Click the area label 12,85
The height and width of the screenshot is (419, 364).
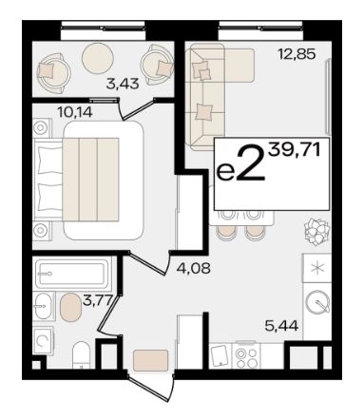[297, 54]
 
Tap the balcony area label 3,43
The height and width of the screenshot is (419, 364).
[123, 84]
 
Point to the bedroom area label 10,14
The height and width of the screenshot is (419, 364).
[75, 112]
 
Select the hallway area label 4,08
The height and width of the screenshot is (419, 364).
[193, 269]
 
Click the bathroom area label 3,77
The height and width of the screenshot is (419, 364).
[98, 299]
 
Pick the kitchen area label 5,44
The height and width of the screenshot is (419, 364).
[281, 325]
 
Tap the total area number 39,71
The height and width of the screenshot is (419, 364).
[294, 150]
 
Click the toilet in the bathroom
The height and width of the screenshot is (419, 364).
[82, 354]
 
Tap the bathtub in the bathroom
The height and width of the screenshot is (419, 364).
[72, 274]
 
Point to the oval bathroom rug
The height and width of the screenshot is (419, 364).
[70, 308]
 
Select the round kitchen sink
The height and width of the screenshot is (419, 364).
[317, 302]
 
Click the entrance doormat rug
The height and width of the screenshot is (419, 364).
[150, 360]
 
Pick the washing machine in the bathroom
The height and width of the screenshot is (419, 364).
[43, 340]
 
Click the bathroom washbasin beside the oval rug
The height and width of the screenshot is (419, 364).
[43, 306]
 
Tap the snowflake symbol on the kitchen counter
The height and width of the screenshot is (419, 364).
[317, 268]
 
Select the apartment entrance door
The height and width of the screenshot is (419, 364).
[152, 388]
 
